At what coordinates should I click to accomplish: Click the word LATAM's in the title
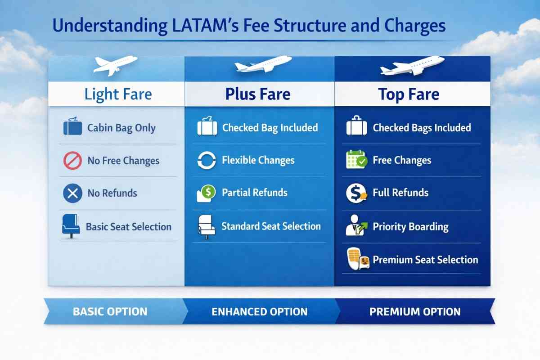(206, 26)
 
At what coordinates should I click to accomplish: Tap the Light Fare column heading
(118, 94)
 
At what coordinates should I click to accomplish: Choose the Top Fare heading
(409, 94)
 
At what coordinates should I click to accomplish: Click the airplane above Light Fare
(115, 65)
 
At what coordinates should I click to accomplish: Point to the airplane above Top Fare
(412, 66)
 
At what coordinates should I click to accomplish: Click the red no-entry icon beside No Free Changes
(72, 160)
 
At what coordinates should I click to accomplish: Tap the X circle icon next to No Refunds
(72, 193)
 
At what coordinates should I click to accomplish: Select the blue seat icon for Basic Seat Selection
(71, 226)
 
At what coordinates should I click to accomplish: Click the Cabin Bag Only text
(121, 128)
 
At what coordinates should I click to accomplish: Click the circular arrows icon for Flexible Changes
(207, 160)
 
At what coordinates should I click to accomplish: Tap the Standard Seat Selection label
(271, 226)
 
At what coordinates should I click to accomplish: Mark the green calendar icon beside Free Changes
(357, 159)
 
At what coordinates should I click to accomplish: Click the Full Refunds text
(400, 193)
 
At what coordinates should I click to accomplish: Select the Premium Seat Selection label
(426, 260)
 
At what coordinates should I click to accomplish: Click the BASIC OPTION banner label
(110, 311)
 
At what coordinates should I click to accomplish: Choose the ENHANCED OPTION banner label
(260, 311)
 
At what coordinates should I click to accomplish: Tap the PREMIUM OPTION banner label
(415, 311)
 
